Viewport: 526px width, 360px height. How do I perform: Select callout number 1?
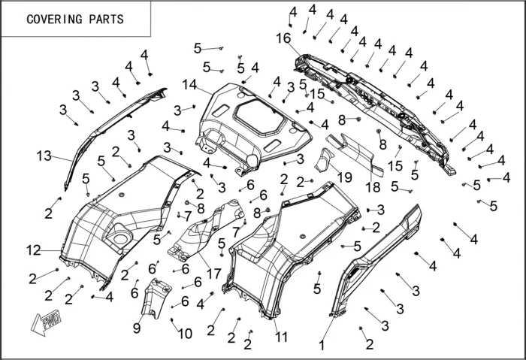point(322,346)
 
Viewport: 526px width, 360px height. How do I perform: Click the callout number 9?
point(137,328)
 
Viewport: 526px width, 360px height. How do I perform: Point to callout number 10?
point(185,333)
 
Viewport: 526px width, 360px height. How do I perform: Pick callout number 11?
point(282,337)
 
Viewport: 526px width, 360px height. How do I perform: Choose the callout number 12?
point(33,249)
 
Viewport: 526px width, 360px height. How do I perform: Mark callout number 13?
point(44,156)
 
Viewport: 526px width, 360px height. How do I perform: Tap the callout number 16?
point(283,38)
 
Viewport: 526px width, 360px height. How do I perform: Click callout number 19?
point(345,177)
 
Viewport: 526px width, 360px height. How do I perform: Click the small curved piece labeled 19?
point(325,162)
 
